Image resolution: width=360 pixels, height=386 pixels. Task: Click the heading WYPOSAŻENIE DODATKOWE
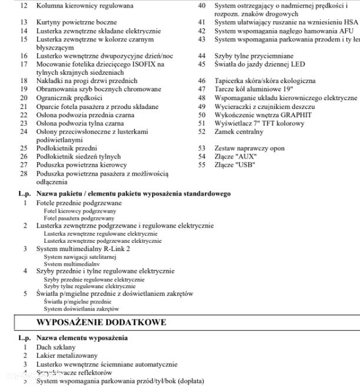[x=101, y=322]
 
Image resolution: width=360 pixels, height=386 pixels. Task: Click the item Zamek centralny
[x=239, y=133]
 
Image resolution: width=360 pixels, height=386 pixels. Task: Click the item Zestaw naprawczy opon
[x=249, y=149]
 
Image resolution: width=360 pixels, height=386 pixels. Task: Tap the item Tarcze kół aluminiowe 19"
[x=254, y=89]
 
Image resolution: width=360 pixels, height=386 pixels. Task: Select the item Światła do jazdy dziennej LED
[x=260, y=64]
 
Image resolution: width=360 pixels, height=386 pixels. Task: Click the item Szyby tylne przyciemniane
[x=254, y=55]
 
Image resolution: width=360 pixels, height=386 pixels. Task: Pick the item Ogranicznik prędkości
[x=69, y=98]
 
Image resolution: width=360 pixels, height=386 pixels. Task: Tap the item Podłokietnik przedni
[x=67, y=149]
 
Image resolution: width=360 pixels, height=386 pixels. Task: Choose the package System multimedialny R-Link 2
[x=83, y=249]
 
